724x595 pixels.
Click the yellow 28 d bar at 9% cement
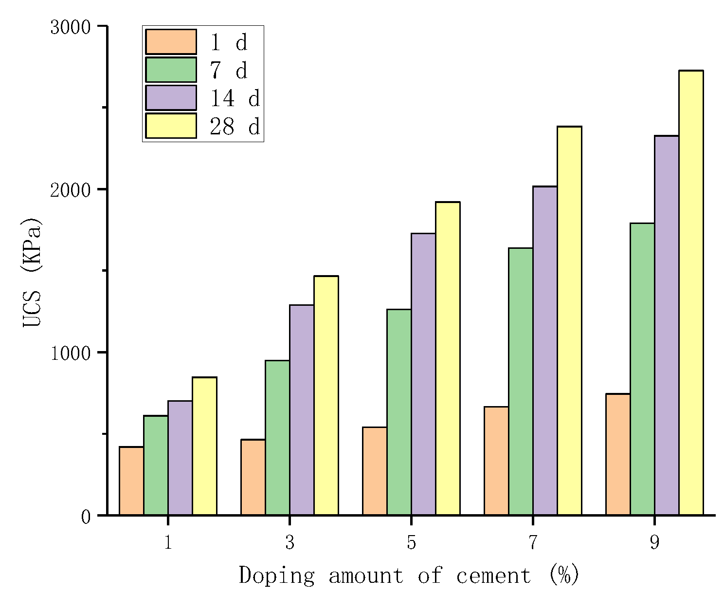[x=691, y=293]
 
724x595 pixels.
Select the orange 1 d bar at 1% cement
[x=131, y=481]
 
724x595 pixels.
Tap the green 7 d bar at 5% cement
[x=399, y=412]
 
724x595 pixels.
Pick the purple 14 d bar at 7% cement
[x=545, y=351]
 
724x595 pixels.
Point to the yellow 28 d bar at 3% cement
[x=326, y=395]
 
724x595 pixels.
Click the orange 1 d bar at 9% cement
[x=618, y=454]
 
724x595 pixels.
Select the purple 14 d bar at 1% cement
[x=180, y=458]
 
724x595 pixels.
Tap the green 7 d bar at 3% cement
[x=277, y=438]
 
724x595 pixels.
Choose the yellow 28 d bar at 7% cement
[x=569, y=320]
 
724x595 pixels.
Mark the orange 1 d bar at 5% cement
[x=375, y=471]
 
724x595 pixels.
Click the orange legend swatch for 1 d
[x=171, y=42]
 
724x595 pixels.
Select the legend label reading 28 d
[x=235, y=127]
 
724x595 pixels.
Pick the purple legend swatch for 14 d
[x=171, y=98]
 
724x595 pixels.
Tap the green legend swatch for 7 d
[x=171, y=70]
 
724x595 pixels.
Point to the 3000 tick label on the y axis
[x=71, y=27]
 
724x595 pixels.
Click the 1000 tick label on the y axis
[x=71, y=353]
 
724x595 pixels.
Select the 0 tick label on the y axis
[x=86, y=517]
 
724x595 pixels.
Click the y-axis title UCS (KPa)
[x=32, y=272]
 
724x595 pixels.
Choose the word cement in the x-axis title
[x=493, y=576]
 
